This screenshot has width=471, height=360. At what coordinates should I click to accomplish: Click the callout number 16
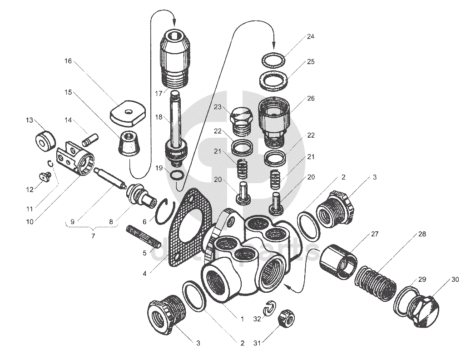click(68, 61)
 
